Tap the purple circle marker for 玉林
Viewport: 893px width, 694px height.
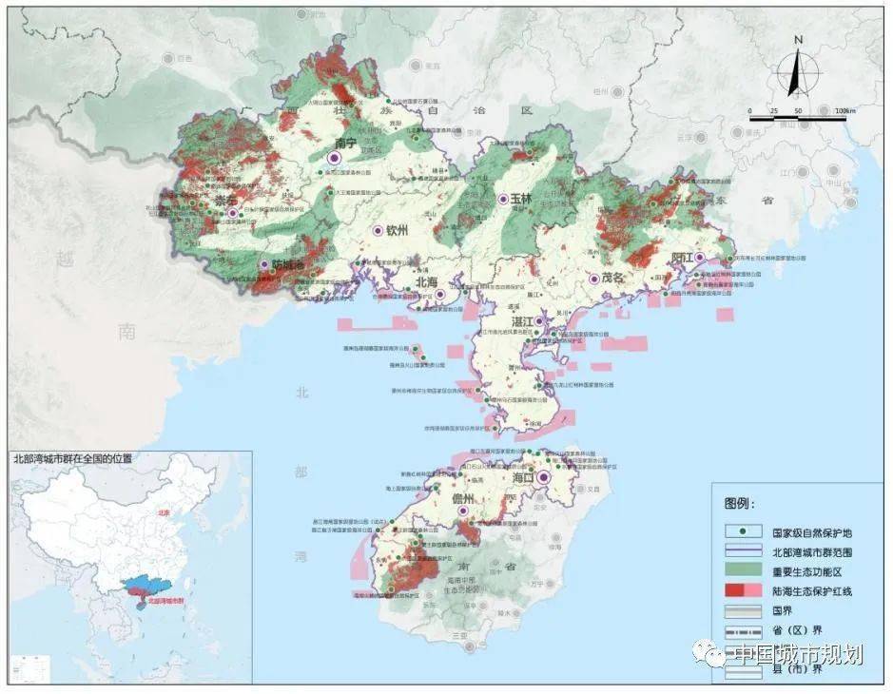[x=503, y=200]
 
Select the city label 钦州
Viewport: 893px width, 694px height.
[x=396, y=230]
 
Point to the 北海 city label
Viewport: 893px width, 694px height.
[x=426, y=281]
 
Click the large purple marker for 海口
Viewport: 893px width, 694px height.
[x=543, y=478]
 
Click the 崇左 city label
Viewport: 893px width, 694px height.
[x=226, y=201]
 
